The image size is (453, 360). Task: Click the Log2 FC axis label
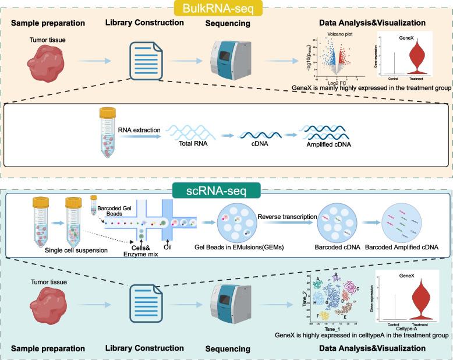(331, 83)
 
